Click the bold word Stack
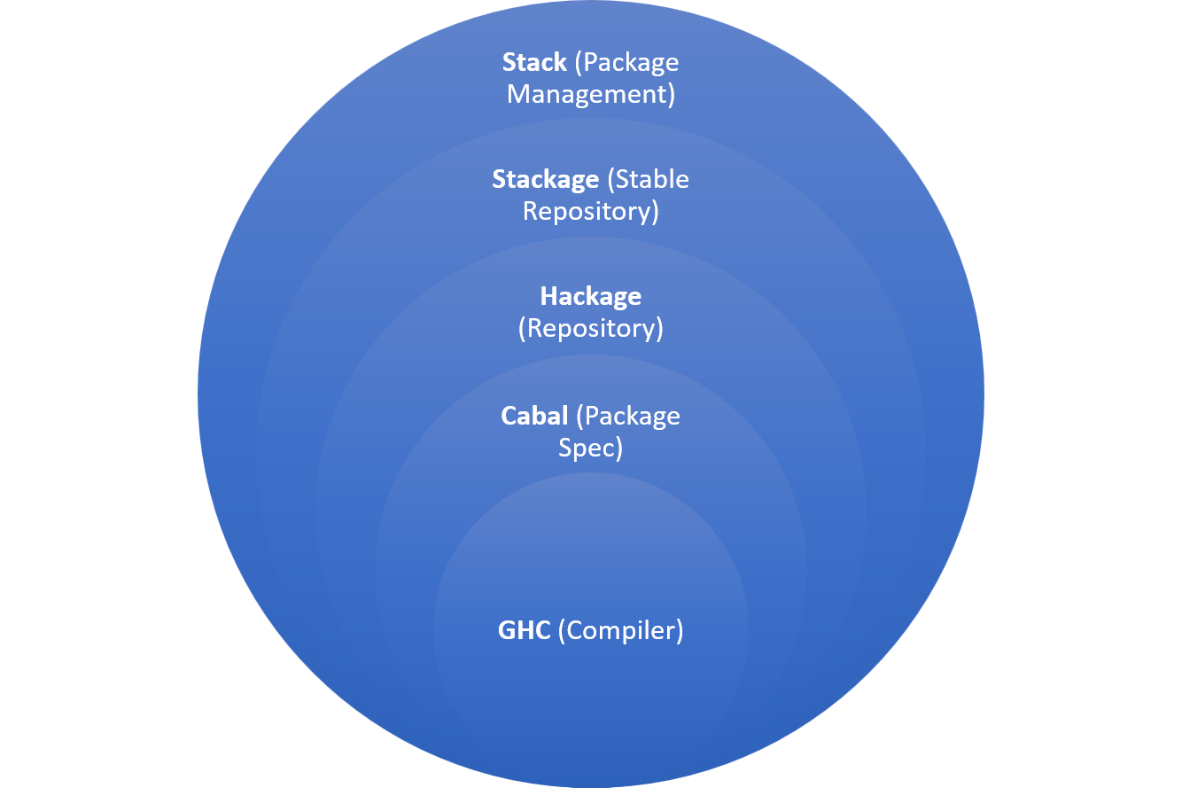pyautogui.click(x=534, y=63)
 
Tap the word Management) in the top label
pyautogui.click(x=591, y=95)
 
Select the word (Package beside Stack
pyautogui.click(x=626, y=63)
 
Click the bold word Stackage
pyautogui.click(x=546, y=180)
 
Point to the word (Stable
pyautogui.click(x=648, y=180)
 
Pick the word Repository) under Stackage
pyautogui.click(x=591, y=212)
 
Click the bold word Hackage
pyautogui.click(x=591, y=297)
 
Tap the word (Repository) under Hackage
pyautogui.click(x=591, y=329)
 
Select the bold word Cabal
pyautogui.click(x=534, y=416)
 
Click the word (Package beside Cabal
pyautogui.click(x=627, y=416)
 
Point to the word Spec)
pyautogui.click(x=591, y=448)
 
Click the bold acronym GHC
pyautogui.click(x=525, y=631)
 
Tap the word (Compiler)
pyautogui.click(x=621, y=631)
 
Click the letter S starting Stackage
pyautogui.click(x=500, y=180)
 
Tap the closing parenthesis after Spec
pyautogui.click(x=619, y=449)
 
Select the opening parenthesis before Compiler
pyautogui.click(x=562, y=631)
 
